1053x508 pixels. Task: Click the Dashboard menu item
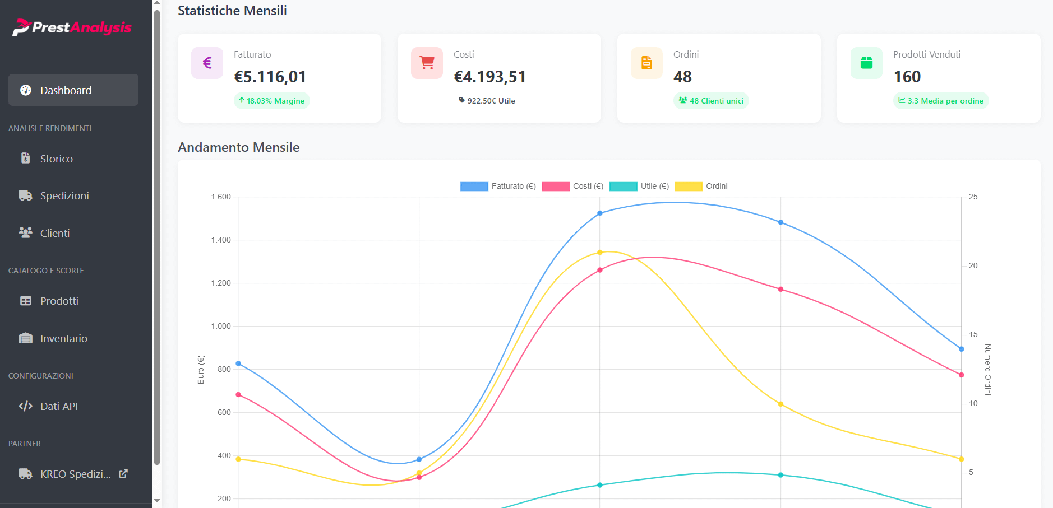tap(73, 90)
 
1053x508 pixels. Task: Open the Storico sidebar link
tap(56, 159)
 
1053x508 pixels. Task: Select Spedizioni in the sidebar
tap(64, 196)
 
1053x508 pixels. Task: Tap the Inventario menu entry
tap(63, 339)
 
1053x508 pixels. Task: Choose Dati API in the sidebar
tap(59, 407)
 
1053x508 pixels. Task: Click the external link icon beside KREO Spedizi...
tap(123, 474)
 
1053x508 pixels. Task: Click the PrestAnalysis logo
tap(72, 27)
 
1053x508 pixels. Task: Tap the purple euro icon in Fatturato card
tap(207, 63)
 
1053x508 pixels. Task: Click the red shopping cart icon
tap(427, 63)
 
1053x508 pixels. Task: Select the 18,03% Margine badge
tap(272, 101)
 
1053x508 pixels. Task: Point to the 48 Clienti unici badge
tap(711, 101)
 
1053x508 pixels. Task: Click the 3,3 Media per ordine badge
tap(940, 101)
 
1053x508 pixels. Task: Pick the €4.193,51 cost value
tap(489, 77)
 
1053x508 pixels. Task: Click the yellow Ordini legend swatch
tap(689, 187)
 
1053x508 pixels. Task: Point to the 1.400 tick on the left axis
tap(221, 240)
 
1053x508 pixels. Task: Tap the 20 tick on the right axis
tap(973, 266)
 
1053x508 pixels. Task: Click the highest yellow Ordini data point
tap(600, 253)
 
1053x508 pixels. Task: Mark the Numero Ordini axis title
tap(987, 370)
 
